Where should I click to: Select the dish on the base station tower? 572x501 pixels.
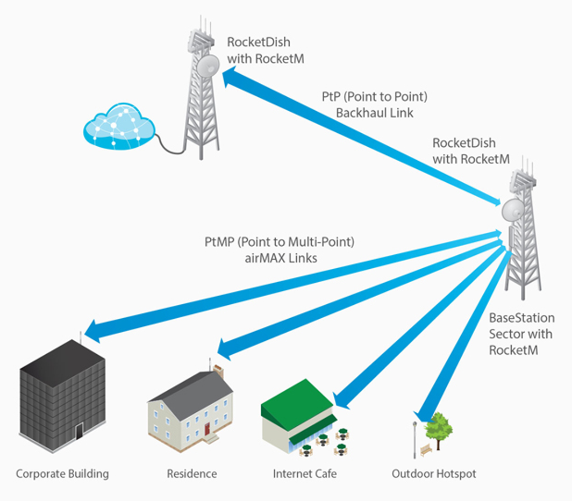pyautogui.click(x=512, y=209)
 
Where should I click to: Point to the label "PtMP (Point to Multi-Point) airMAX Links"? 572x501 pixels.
pyautogui.click(x=279, y=249)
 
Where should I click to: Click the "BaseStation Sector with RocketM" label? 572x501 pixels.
pyautogui.click(x=520, y=334)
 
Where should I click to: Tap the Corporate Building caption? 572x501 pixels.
pyautogui.click(x=62, y=474)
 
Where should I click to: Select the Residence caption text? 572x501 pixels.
pyautogui.click(x=191, y=474)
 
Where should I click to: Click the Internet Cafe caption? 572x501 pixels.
pyautogui.click(x=305, y=474)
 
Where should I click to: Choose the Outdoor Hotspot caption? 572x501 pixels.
pyautogui.click(x=433, y=474)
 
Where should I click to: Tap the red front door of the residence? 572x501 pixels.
pyautogui.click(x=207, y=428)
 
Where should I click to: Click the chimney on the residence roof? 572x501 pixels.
pyautogui.click(x=218, y=370)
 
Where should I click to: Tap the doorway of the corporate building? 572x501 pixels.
pyautogui.click(x=80, y=431)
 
